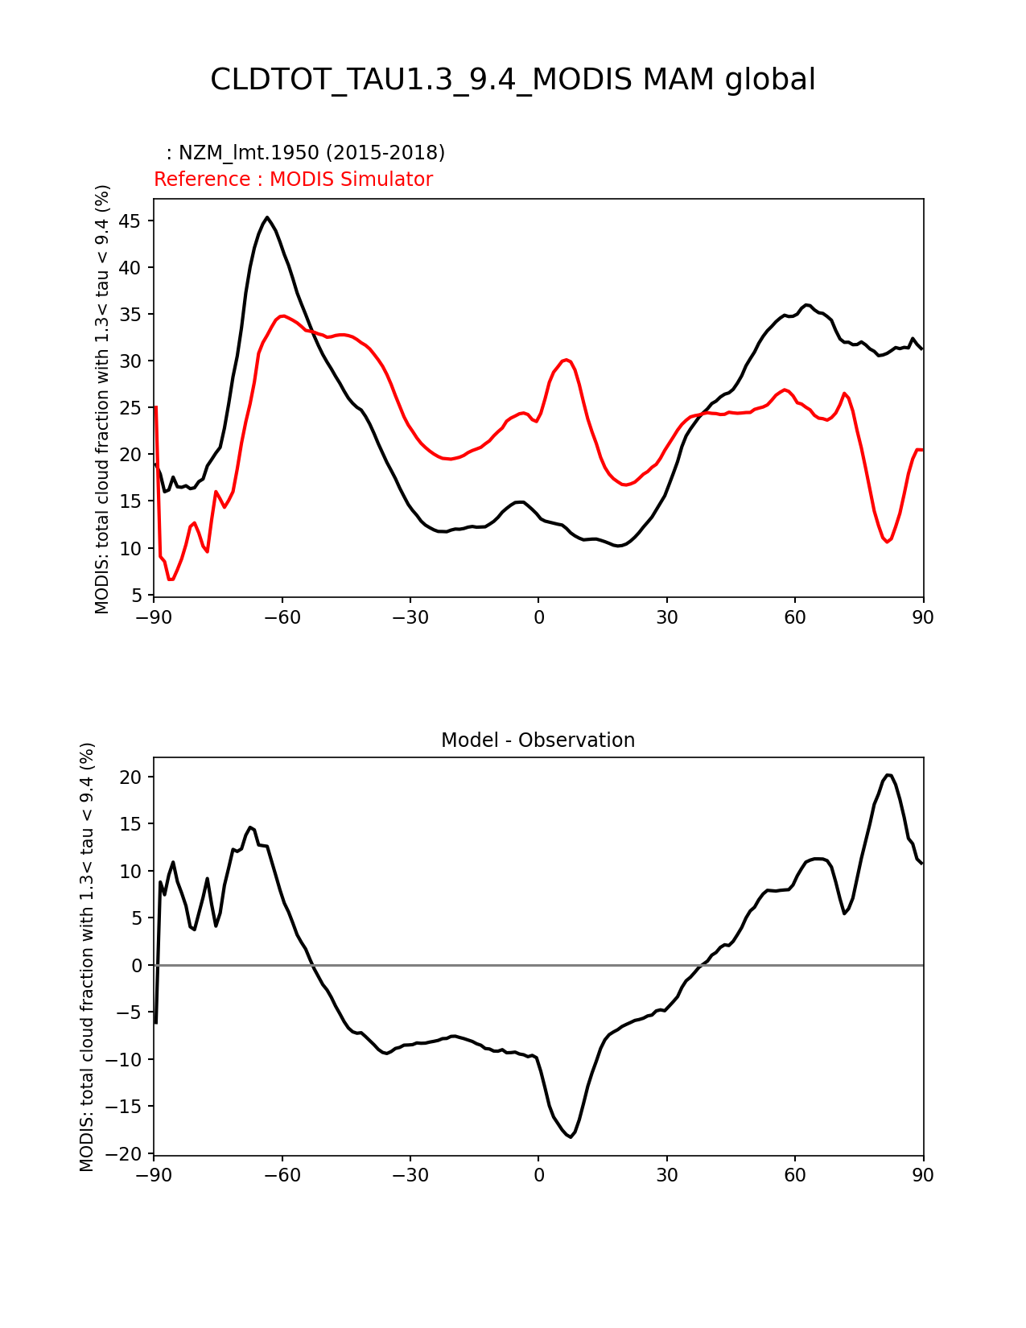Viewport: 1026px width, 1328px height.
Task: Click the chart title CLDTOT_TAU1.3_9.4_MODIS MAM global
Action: (x=513, y=80)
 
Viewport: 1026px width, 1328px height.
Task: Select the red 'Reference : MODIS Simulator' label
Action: (x=293, y=179)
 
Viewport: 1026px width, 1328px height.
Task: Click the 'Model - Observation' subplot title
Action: (x=538, y=740)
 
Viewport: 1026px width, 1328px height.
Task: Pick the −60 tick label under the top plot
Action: (x=282, y=617)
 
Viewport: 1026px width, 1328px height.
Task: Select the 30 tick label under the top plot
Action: (x=666, y=617)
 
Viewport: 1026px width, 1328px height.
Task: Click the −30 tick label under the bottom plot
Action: (x=410, y=1175)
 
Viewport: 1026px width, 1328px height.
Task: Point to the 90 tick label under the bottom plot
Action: (x=923, y=1175)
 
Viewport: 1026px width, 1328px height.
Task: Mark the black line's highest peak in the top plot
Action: (x=267, y=217)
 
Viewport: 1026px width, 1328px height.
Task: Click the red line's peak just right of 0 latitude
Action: (x=567, y=360)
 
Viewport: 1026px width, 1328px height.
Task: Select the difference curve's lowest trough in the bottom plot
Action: (x=571, y=1136)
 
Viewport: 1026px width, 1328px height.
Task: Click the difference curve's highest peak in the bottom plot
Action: (x=888, y=775)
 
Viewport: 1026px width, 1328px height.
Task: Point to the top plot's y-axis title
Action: (x=102, y=398)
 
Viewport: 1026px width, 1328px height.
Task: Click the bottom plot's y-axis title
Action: (x=87, y=956)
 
